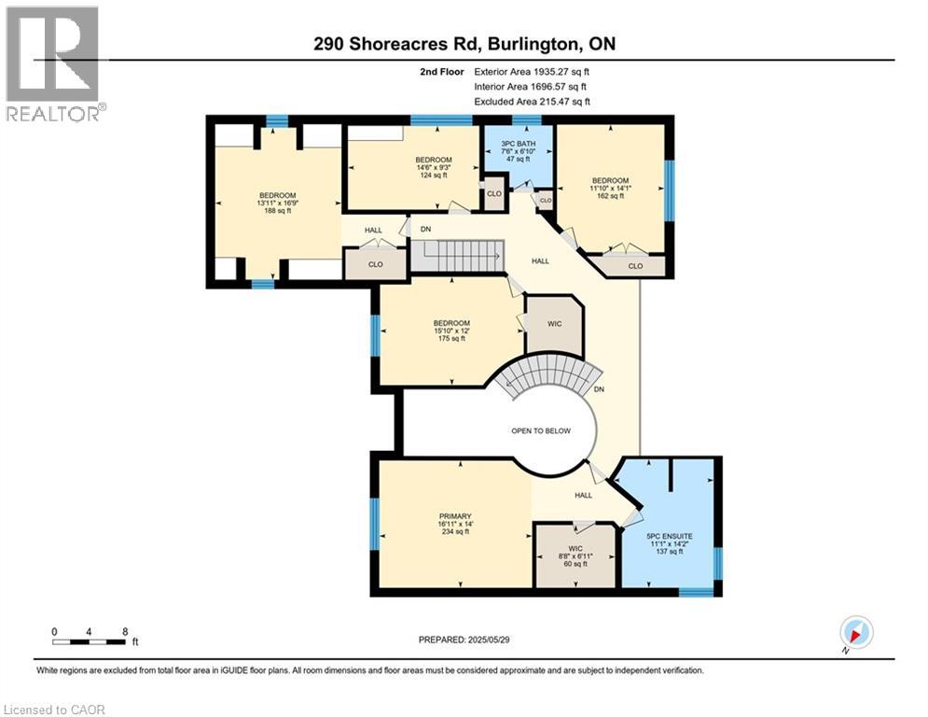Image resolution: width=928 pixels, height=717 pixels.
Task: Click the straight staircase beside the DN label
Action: [457, 256]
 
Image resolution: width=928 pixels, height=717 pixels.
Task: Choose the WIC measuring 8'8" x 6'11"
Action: [574, 556]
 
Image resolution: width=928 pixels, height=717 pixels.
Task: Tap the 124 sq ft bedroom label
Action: [433, 167]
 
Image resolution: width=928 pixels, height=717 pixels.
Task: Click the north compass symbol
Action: [855, 633]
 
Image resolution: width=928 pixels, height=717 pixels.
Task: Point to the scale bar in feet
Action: [90, 640]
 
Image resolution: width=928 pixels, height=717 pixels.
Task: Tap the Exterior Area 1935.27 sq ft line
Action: [532, 71]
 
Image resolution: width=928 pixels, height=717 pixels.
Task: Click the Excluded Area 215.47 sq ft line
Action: [532, 101]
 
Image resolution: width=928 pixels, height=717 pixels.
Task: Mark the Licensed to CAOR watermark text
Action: [54, 710]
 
